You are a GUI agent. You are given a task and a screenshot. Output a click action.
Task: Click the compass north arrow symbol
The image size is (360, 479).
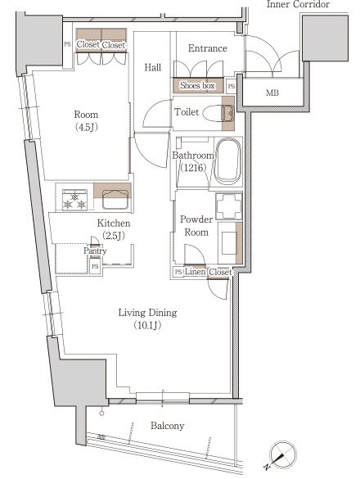(x=283, y=455)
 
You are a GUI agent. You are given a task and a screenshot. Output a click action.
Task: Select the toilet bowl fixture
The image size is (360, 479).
(x=218, y=114)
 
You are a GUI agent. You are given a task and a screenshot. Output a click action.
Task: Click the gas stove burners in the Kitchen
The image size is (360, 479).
(x=74, y=201)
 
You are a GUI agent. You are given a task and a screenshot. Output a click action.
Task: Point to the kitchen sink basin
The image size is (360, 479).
(x=115, y=200)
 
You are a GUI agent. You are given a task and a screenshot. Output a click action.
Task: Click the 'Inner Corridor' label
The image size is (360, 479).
(x=298, y=4)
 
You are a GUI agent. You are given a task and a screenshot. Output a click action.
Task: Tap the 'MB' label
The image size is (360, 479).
(x=272, y=93)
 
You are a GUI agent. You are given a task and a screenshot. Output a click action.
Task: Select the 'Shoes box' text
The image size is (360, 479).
(x=197, y=85)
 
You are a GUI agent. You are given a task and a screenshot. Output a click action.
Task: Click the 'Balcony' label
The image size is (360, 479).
(x=168, y=426)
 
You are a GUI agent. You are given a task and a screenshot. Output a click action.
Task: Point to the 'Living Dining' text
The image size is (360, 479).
(x=148, y=313)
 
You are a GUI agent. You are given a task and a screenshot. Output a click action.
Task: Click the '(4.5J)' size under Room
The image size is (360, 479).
(x=87, y=128)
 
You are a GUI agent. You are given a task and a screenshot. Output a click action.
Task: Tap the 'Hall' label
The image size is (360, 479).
(x=153, y=67)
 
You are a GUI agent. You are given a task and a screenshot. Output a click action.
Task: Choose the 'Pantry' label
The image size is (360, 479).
(x=95, y=251)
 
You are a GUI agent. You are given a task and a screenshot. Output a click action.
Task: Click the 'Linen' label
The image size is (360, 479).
(x=195, y=271)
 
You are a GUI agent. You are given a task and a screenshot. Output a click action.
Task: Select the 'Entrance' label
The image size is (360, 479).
(x=208, y=48)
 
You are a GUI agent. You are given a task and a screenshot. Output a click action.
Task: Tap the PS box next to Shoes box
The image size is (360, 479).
(x=232, y=86)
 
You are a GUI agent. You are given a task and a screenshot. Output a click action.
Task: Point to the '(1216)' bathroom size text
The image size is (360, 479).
(x=194, y=167)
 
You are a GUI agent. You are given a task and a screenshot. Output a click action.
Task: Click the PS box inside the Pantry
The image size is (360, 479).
(x=95, y=266)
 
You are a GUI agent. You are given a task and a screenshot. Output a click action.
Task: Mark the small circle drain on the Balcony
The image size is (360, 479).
(x=101, y=413)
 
